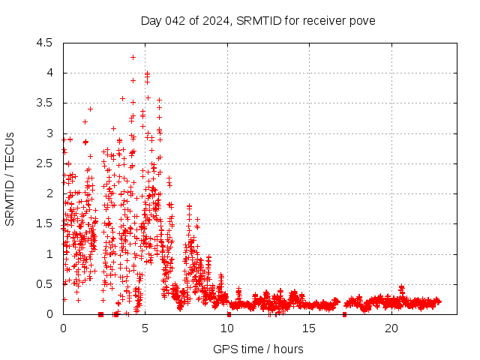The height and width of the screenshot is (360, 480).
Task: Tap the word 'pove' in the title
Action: (361, 20)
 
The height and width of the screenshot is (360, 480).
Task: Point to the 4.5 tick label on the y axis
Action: (45, 43)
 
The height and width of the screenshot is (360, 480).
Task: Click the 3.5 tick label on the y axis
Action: (45, 103)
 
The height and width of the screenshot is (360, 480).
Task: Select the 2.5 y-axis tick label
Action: (45, 163)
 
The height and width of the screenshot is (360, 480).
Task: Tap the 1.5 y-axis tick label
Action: (45, 223)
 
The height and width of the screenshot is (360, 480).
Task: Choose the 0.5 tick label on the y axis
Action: (45, 284)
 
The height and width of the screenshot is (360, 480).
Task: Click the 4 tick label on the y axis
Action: (49, 73)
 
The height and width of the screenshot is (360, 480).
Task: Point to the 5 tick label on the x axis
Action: (145, 328)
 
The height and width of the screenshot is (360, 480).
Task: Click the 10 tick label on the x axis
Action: (227, 328)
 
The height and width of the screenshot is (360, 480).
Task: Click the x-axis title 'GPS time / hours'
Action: (258, 349)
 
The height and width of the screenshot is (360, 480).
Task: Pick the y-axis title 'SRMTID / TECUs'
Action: (10, 178)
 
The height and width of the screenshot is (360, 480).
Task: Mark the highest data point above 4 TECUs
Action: (133, 57)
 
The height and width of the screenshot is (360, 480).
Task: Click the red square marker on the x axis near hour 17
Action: (344, 314)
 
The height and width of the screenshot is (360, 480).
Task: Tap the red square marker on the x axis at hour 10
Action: (229, 314)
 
